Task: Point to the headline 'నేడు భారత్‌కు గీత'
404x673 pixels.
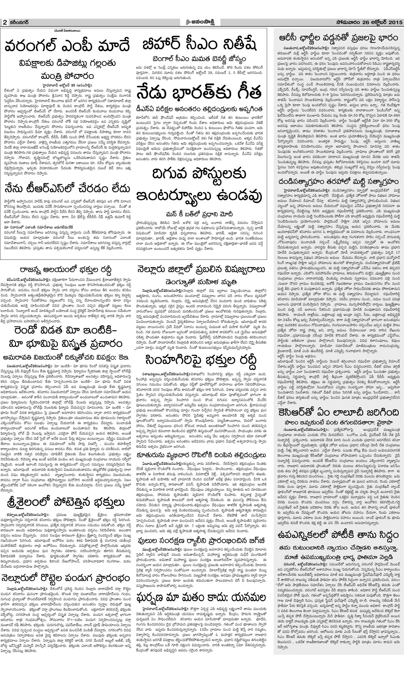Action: [200, 94]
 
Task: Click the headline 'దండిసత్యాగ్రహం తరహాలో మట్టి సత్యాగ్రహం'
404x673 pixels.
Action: [339, 181]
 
